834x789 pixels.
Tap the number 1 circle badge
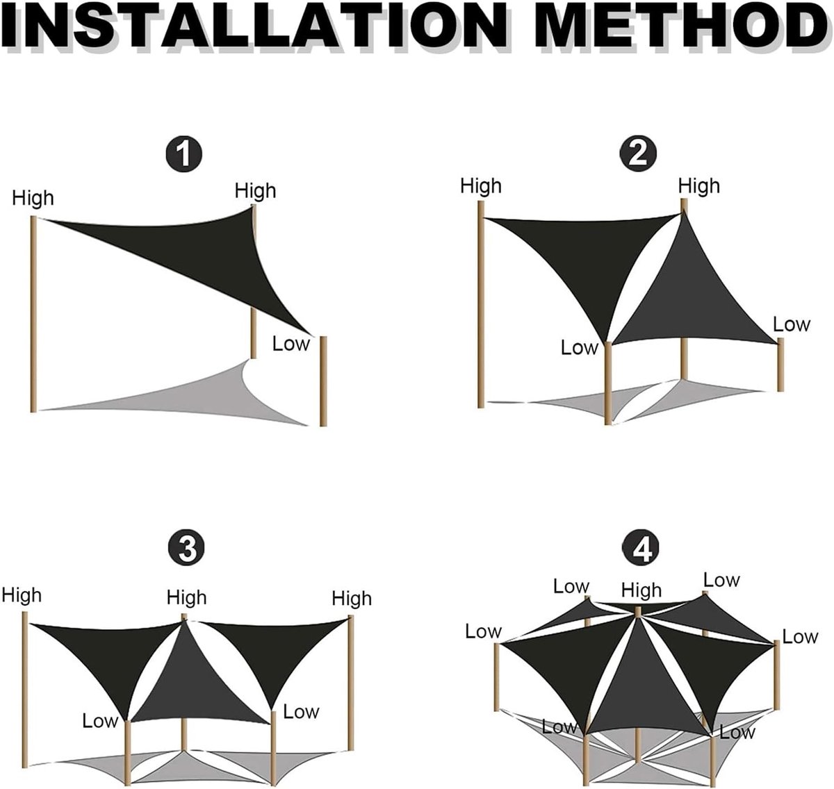click(x=183, y=154)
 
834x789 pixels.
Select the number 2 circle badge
click(x=637, y=153)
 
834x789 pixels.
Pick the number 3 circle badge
click(x=186, y=548)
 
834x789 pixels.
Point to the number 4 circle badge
click(x=641, y=548)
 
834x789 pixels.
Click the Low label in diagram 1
click(x=291, y=343)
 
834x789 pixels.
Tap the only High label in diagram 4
click(x=641, y=590)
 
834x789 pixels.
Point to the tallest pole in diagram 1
click(x=33, y=314)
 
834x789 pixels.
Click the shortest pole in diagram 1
click(x=323, y=381)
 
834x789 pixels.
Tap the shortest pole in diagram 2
click(x=780, y=365)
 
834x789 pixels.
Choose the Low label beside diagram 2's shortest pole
click(x=791, y=324)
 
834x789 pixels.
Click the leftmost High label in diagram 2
click(x=481, y=185)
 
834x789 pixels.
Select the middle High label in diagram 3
click(x=186, y=597)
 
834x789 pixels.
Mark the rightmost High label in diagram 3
click(x=351, y=598)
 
